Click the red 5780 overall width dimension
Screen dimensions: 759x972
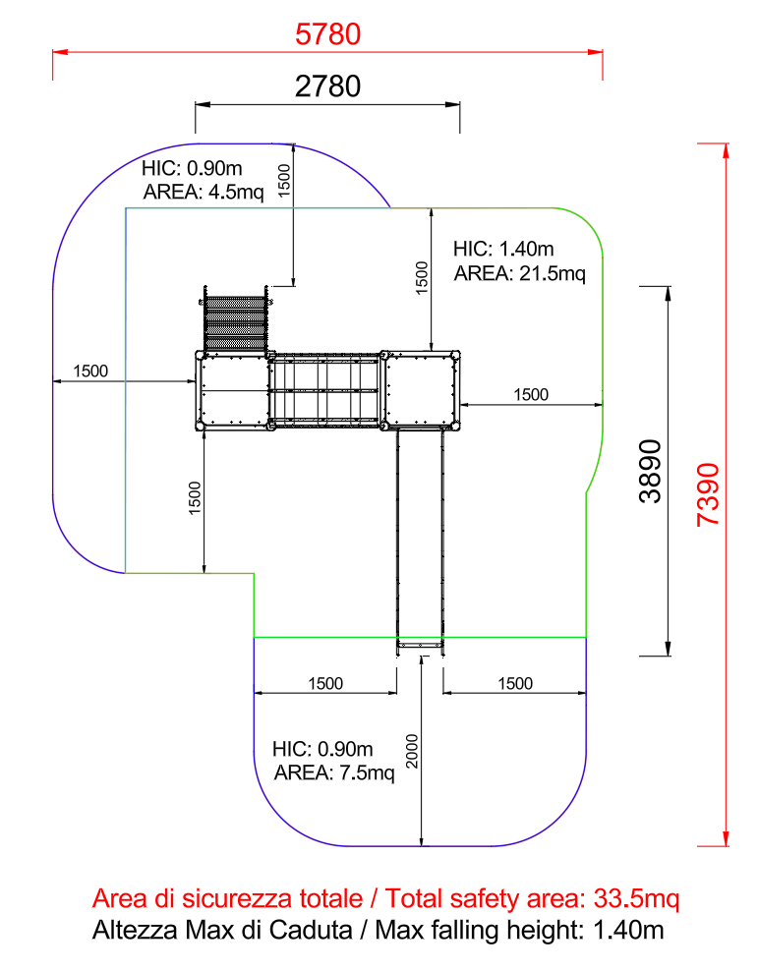pyautogui.click(x=327, y=34)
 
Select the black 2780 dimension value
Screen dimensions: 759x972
pyautogui.click(x=327, y=86)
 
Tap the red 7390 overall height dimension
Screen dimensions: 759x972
pyautogui.click(x=708, y=494)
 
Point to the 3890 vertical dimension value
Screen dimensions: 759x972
pyautogui.click(x=651, y=471)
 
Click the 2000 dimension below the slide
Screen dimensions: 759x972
pyautogui.click(x=412, y=751)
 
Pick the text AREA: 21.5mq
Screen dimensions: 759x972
pyautogui.click(x=520, y=273)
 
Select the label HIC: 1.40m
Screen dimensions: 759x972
pyautogui.click(x=503, y=250)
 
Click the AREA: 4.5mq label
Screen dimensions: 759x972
pyautogui.click(x=204, y=193)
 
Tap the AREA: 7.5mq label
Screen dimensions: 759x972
pyautogui.click(x=334, y=773)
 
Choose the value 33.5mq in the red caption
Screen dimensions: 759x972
pyautogui.click(x=637, y=898)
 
